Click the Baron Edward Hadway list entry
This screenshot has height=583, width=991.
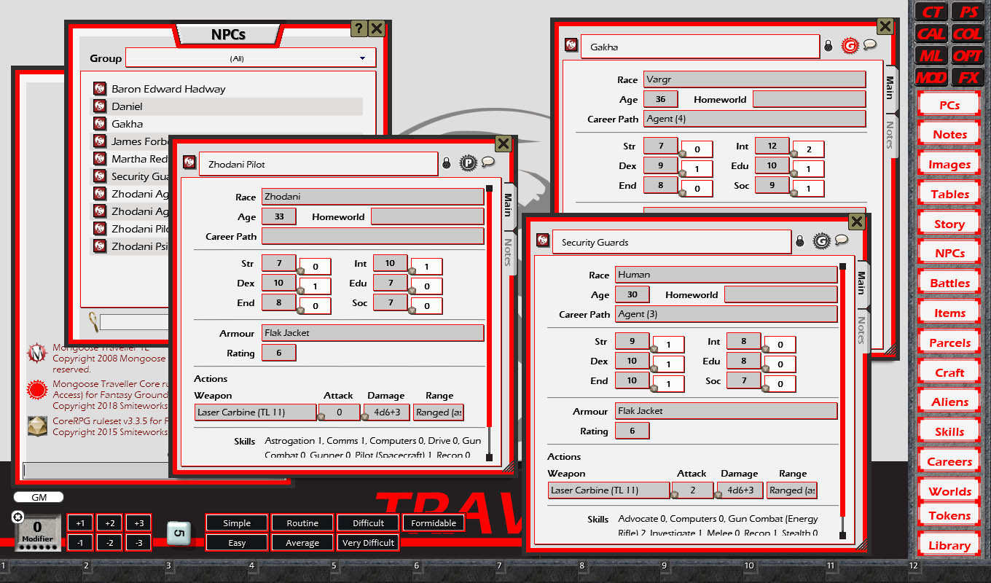[x=168, y=89]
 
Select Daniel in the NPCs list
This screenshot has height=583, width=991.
[x=127, y=106]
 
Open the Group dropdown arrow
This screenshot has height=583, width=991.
[x=362, y=58]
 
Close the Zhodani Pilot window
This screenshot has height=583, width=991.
[x=503, y=143]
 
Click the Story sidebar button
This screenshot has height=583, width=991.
[x=949, y=224]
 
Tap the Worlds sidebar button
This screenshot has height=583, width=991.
[x=949, y=491]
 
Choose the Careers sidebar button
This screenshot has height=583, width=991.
[x=949, y=461]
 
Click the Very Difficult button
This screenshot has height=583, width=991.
[x=368, y=543]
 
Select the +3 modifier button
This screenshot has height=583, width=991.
[x=138, y=523]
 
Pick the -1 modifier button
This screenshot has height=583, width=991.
[x=80, y=543]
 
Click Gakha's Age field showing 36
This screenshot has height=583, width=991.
[x=660, y=99]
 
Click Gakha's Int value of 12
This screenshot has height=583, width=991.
[x=772, y=146]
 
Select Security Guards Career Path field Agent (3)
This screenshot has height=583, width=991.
[x=726, y=314]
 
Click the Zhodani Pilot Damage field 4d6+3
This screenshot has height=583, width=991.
[x=387, y=412]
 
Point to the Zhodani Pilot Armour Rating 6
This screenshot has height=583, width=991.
[x=278, y=353]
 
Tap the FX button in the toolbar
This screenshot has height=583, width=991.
[x=968, y=77]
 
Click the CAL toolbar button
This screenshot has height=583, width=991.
[x=931, y=34]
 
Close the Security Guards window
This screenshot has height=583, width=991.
[x=857, y=222]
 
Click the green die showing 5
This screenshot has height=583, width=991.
[x=179, y=533]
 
